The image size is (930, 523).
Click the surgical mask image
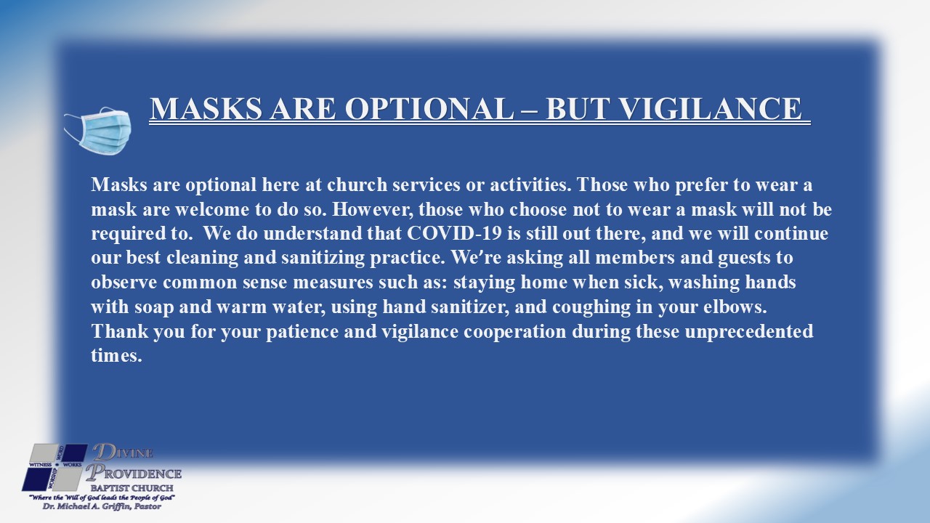(98, 131)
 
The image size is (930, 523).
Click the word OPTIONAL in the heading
(429, 109)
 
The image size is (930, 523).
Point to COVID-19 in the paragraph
(454, 233)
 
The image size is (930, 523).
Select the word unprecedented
(748, 332)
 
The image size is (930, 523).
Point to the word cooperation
(515, 332)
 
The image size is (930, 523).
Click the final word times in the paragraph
(116, 356)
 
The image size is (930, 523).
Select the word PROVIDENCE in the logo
(134, 473)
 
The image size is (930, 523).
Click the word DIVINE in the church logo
(123, 452)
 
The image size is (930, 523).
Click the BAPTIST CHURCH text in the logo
(132, 488)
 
